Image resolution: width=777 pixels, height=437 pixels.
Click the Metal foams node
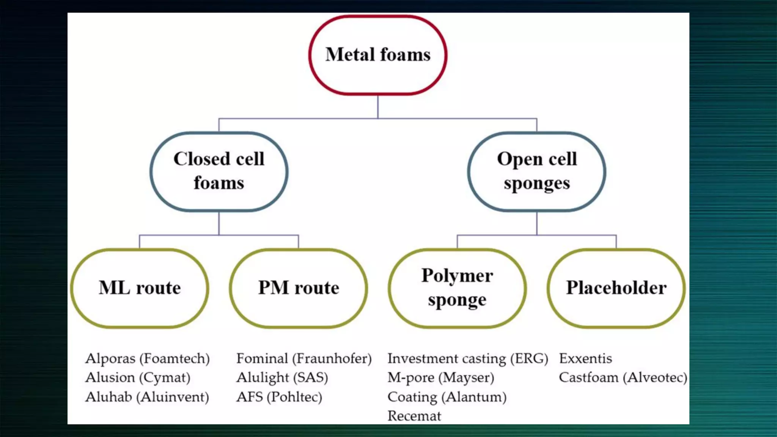coord(378,55)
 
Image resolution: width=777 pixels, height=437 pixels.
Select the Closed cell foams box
coord(219,171)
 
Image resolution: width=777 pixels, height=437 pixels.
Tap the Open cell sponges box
coord(536,171)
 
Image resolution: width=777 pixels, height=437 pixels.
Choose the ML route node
coord(140,288)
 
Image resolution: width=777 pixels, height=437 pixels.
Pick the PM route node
coord(299,288)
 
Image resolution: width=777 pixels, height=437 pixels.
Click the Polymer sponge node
coord(457,288)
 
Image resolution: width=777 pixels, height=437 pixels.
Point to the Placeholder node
coord(616,288)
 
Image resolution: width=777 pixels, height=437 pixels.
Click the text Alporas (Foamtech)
coord(148,358)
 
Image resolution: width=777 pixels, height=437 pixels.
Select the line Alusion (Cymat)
coord(138,377)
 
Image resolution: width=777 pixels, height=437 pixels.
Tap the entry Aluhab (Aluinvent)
coord(147,397)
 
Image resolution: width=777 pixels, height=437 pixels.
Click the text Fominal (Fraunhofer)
coord(304,358)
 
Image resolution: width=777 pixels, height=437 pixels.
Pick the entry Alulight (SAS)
coord(282,377)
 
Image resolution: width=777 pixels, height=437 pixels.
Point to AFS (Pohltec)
coord(279,397)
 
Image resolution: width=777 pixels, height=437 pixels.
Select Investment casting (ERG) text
coord(468,358)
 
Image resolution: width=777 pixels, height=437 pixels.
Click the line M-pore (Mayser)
coord(441,377)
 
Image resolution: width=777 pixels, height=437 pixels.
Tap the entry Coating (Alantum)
coord(447,397)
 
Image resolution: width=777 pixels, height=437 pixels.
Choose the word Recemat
coord(414,416)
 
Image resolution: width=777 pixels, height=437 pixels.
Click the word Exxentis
coord(585,358)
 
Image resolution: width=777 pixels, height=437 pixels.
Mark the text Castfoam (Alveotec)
coord(623,377)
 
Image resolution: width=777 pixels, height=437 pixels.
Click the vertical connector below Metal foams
coord(378,107)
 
